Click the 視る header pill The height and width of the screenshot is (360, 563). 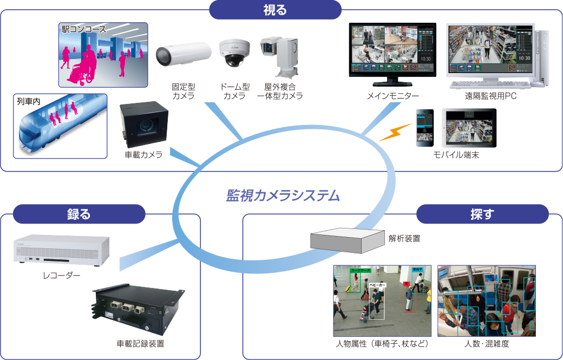pyautogui.click(x=275, y=9)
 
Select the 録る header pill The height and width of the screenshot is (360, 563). pyautogui.click(x=78, y=214)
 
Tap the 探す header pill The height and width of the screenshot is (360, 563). pyautogui.click(x=482, y=214)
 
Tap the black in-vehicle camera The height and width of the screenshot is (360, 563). pyautogui.click(x=143, y=126)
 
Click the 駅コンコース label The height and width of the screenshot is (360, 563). pyautogui.click(x=84, y=29)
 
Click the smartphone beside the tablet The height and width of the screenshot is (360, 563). pyautogui.click(x=424, y=128)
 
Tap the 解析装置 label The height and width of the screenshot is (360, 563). pyautogui.click(x=404, y=238)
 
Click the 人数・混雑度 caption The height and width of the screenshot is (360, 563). pyautogui.click(x=486, y=344)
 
